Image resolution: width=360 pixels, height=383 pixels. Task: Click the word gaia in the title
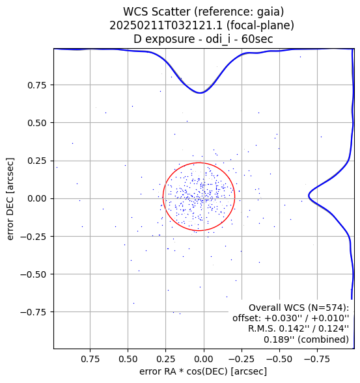click(268, 12)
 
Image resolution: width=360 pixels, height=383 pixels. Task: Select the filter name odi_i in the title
click(218, 39)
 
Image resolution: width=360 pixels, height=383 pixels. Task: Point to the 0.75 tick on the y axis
click(36, 85)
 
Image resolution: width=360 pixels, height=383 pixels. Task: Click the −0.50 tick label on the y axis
click(33, 274)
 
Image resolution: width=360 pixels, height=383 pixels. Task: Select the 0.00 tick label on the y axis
click(36, 198)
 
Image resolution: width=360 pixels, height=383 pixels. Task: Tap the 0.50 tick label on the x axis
click(128, 359)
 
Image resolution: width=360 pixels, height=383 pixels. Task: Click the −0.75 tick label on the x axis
click(317, 359)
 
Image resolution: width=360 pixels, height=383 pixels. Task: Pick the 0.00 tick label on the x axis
click(204, 359)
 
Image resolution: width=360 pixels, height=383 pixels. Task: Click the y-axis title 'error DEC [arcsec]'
click(10, 199)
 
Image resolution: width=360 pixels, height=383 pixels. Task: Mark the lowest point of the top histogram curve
click(200, 93)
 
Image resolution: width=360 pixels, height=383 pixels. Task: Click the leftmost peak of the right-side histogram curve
click(309, 196)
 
